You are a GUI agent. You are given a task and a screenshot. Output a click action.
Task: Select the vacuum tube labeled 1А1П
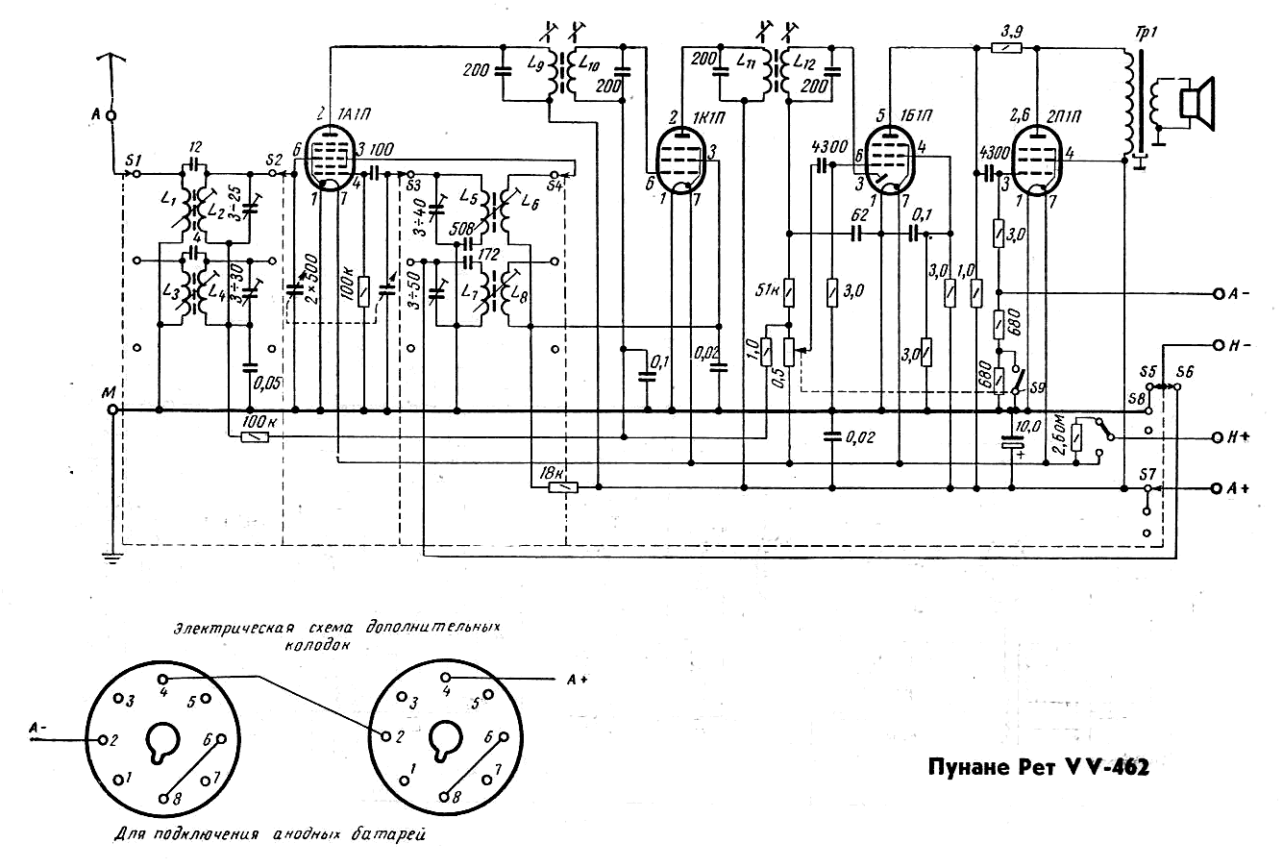pyautogui.click(x=331, y=161)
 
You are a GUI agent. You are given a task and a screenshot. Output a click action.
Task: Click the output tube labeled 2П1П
pyautogui.click(x=1037, y=161)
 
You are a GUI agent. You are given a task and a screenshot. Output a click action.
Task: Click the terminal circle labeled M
pyautogui.click(x=112, y=410)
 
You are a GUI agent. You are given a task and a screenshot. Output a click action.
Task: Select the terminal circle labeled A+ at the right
pyautogui.click(x=1218, y=488)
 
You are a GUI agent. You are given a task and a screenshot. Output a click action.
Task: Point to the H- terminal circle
pyautogui.click(x=1218, y=343)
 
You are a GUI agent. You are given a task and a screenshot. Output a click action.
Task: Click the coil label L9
pyautogui.click(x=535, y=64)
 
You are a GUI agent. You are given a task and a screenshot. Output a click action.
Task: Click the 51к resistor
pyautogui.click(x=788, y=291)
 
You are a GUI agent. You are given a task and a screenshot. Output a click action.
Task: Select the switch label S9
pyautogui.click(x=1034, y=387)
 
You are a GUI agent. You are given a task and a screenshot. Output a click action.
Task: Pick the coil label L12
pyautogui.click(x=808, y=64)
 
